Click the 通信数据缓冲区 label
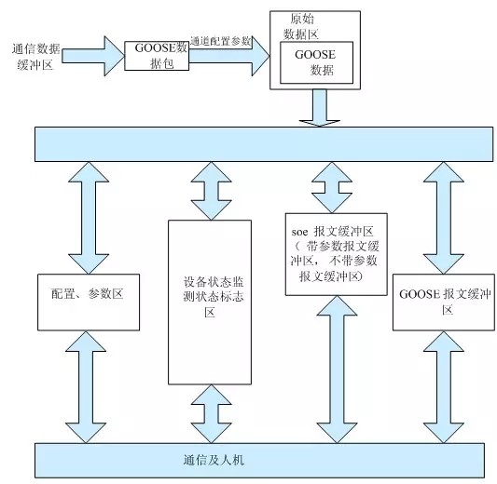pyautogui.click(x=35, y=57)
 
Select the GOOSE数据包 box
pyautogui.click(x=157, y=56)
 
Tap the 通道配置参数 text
pyautogui.click(x=221, y=41)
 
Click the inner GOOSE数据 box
pyautogui.click(x=316, y=62)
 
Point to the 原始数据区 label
pyautogui.click(x=301, y=27)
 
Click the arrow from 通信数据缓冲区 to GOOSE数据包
pyautogui.click(x=93, y=56)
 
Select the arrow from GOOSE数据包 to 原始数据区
pyautogui.click(x=229, y=56)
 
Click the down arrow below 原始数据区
pyautogui.click(x=320, y=108)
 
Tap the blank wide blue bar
pyautogui.click(x=264, y=144)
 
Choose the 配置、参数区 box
pyautogui.click(x=89, y=302)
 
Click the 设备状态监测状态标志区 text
pyautogui.click(x=213, y=297)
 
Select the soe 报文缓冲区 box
pyautogui.click(x=337, y=254)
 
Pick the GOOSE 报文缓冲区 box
pyautogui.click(x=444, y=302)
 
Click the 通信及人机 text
pyautogui.click(x=214, y=460)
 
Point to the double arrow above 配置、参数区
pyautogui.click(x=89, y=218)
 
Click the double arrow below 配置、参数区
pyautogui.click(x=86, y=387)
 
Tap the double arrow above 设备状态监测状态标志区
pyautogui.click(x=211, y=191)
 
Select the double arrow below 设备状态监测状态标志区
pyautogui.click(x=211, y=414)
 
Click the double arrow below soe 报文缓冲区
pyautogui.click(x=337, y=370)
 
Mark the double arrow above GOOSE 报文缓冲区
pyautogui.click(x=444, y=218)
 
